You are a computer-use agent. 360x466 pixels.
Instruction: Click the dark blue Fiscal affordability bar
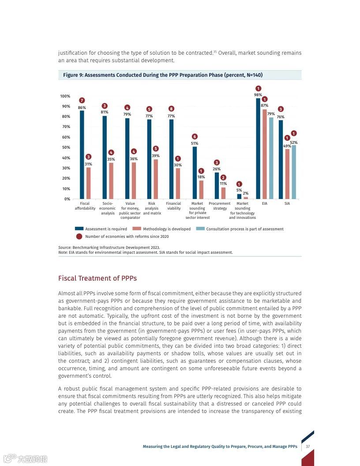82,154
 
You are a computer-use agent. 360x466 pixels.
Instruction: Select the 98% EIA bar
258,148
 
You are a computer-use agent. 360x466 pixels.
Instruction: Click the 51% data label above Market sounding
195,143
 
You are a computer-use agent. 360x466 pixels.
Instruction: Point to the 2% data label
246,193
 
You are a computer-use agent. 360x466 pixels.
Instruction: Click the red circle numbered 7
82,101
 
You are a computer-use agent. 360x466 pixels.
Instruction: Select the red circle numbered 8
171,109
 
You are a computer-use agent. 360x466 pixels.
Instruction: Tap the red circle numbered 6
195,136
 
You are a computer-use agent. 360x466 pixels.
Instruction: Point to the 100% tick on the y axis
65,96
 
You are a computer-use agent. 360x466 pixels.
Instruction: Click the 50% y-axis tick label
66,147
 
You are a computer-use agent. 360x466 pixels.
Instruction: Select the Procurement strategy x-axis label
220,206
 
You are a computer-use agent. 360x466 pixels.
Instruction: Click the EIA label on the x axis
264,203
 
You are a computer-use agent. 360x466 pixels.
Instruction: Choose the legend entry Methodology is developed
166,229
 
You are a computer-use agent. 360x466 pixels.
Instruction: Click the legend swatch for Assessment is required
79,229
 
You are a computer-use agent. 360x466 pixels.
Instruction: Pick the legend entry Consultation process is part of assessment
244,229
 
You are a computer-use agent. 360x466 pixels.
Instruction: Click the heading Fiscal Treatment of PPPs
97,278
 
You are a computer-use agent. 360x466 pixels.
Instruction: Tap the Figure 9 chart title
163,75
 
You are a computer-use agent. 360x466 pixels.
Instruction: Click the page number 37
307,447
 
